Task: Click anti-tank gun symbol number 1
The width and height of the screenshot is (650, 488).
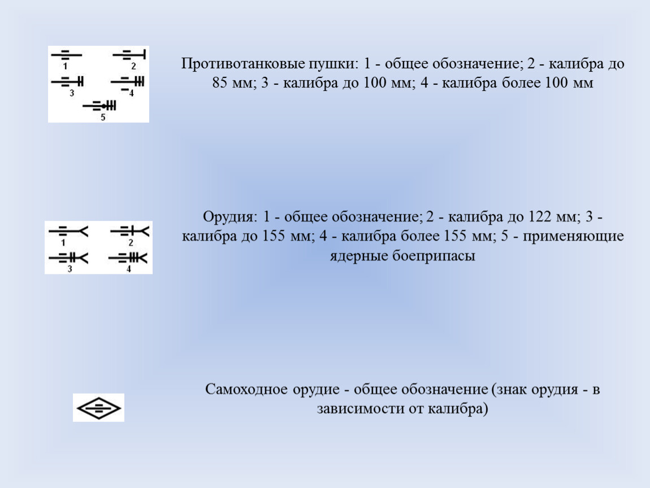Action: point(66,55)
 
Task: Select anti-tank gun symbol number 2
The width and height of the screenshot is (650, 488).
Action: point(129,54)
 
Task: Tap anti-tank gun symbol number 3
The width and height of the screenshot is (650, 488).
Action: point(68,81)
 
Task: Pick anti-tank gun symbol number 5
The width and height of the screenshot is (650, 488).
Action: point(99,106)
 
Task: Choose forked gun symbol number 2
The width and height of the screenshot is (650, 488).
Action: point(129,231)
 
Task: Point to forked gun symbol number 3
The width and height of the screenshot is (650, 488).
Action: point(68,258)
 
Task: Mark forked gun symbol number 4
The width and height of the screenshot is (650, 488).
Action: point(128,258)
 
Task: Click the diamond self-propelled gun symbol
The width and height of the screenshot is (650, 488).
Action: point(99,408)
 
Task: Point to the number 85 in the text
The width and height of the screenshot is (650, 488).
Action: point(220,83)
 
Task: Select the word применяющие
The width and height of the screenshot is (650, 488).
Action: point(573,236)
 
